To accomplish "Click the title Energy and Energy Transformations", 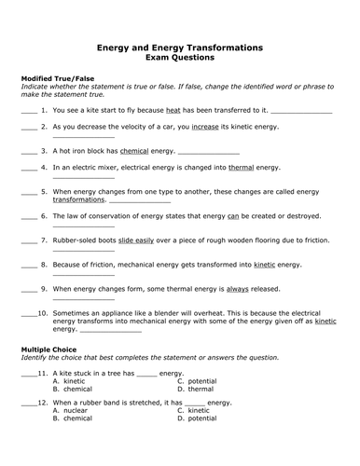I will click(x=180, y=47).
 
